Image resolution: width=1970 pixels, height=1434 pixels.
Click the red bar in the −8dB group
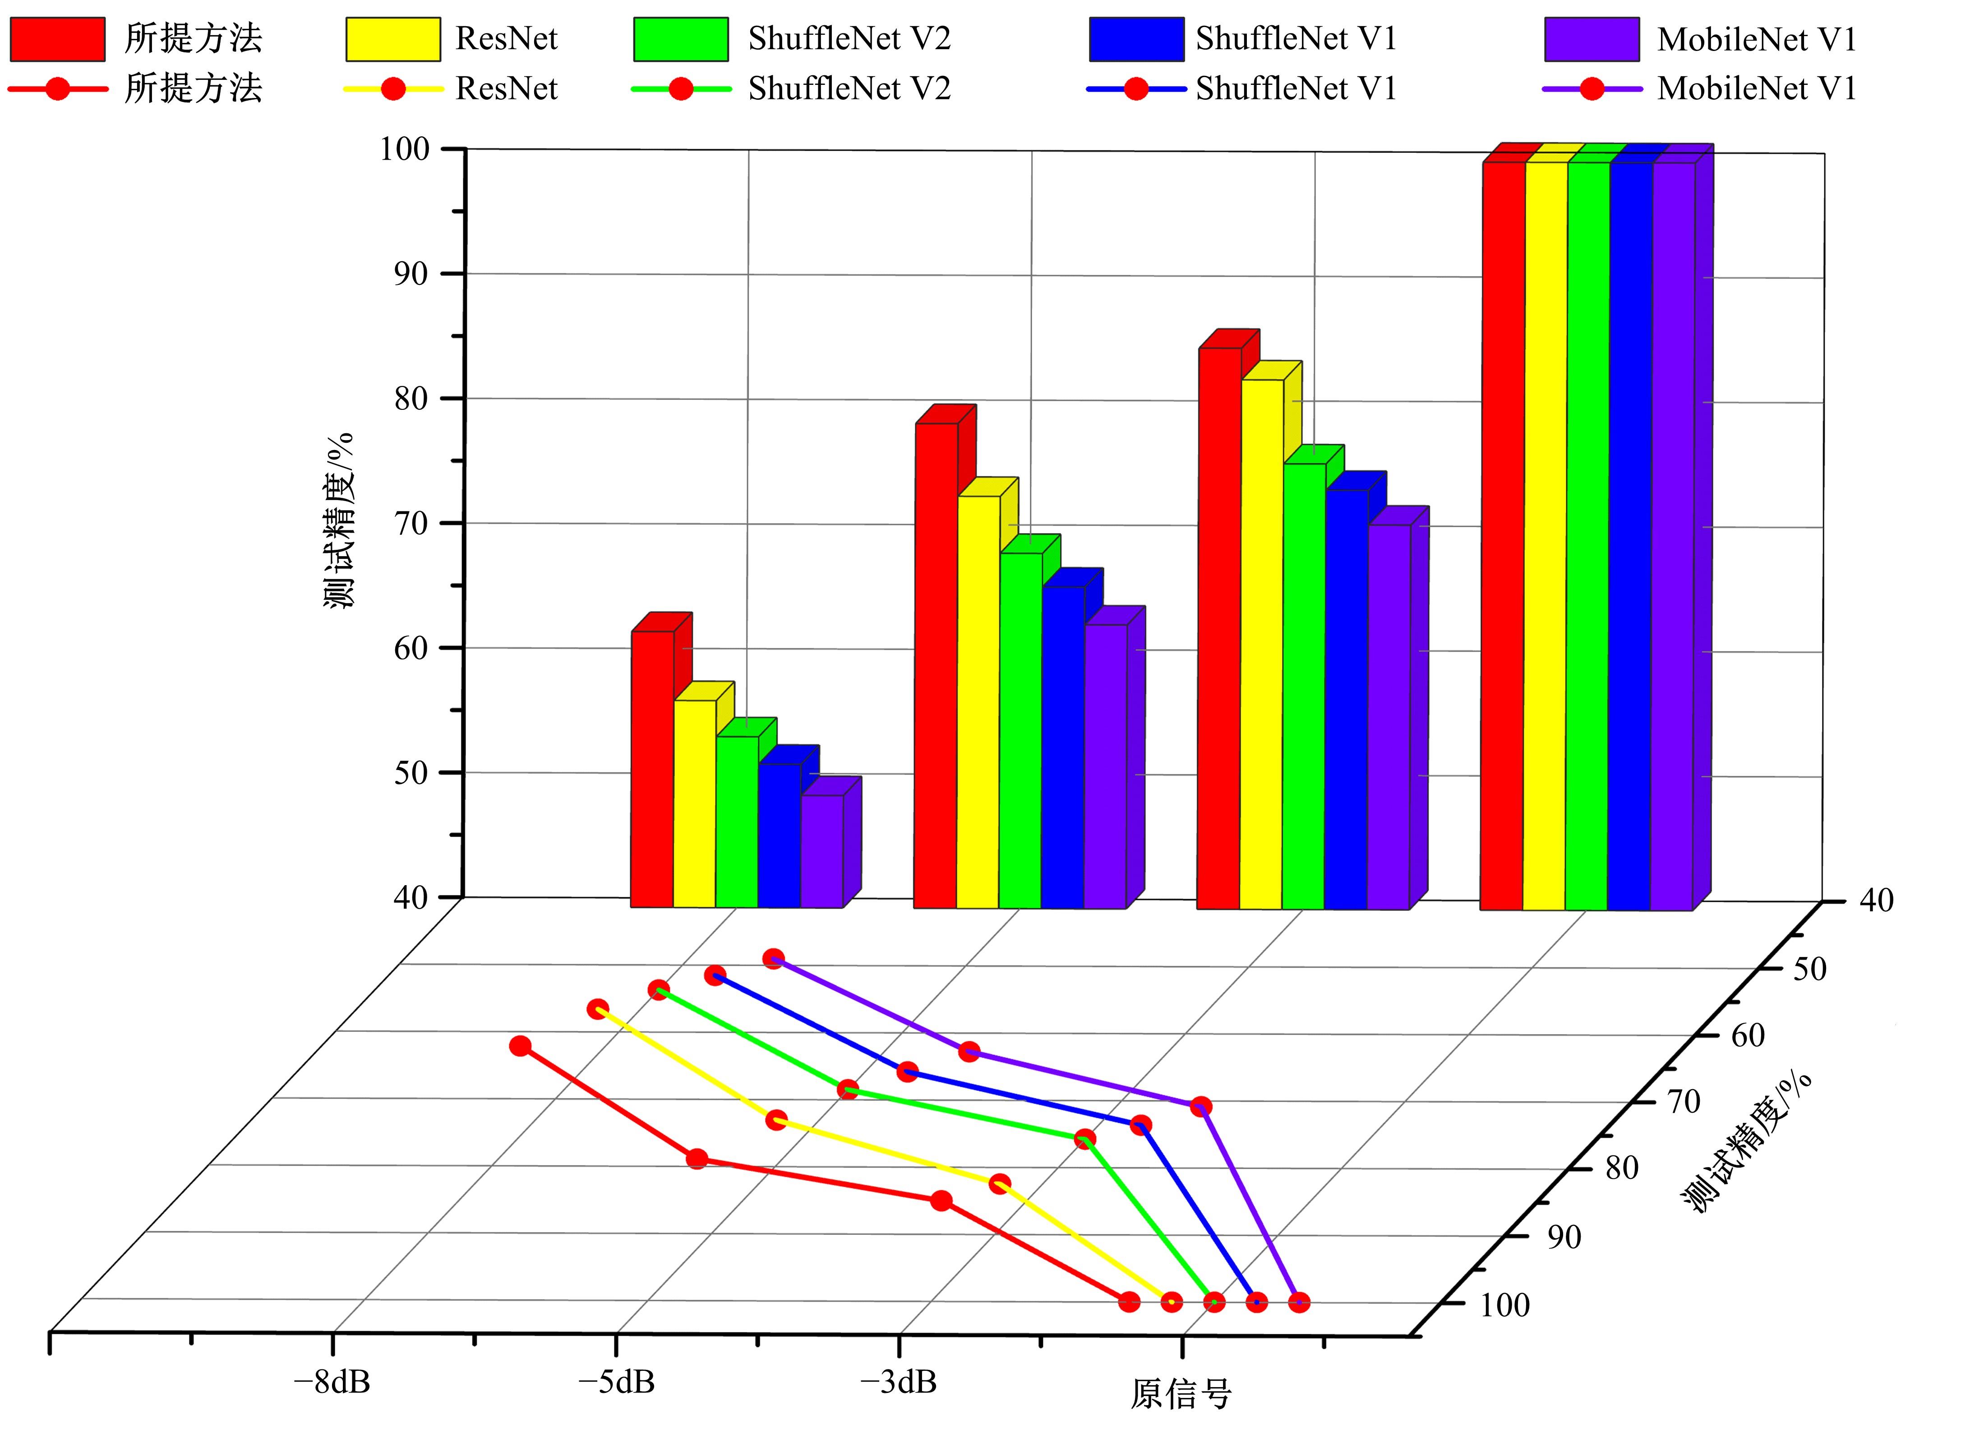pyautogui.click(x=651, y=769)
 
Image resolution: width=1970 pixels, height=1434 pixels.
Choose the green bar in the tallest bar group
pyautogui.click(x=1587, y=534)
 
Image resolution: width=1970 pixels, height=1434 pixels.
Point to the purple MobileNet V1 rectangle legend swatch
pyautogui.click(x=1591, y=39)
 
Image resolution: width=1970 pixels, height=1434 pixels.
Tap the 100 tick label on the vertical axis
pyautogui.click(x=405, y=149)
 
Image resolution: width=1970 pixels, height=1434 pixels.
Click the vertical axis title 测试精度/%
pyautogui.click(x=340, y=520)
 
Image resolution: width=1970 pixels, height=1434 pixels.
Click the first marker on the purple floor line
pyautogui.click(x=773, y=959)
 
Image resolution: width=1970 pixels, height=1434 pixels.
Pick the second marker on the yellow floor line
pyautogui.click(x=776, y=1120)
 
